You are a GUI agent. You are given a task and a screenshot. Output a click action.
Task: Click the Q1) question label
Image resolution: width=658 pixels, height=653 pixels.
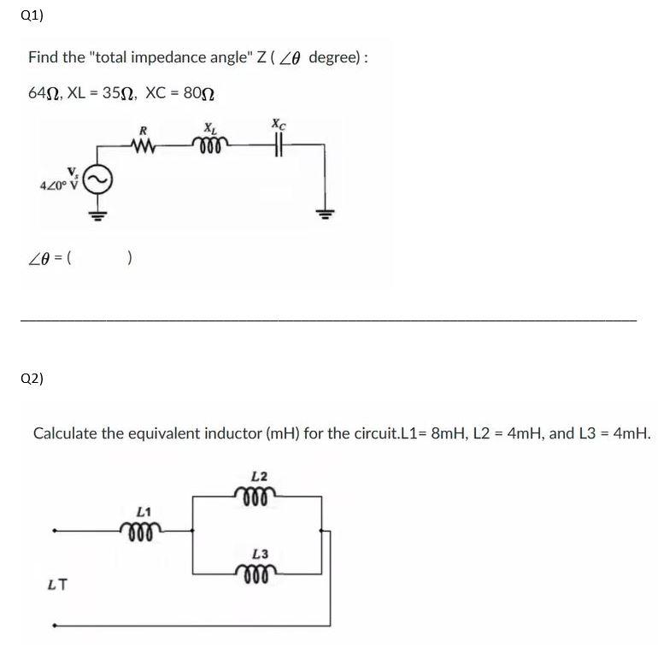pyautogui.click(x=32, y=15)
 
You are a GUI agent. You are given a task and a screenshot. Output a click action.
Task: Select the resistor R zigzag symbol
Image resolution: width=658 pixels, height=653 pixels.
pyautogui.click(x=144, y=144)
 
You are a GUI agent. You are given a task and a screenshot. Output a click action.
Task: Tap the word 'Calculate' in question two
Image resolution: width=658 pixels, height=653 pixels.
pyautogui.click(x=65, y=432)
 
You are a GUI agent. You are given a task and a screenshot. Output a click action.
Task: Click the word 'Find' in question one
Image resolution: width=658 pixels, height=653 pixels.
pyautogui.click(x=43, y=57)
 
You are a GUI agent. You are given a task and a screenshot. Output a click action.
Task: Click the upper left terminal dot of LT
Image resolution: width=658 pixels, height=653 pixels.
pyautogui.click(x=56, y=531)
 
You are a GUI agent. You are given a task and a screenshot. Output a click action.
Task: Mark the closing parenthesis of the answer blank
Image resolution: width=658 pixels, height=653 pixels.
pyautogui.click(x=128, y=258)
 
